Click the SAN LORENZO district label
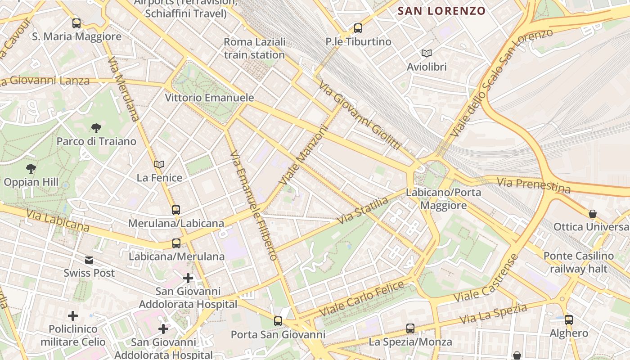tap(441, 11)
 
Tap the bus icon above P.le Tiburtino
tap(358, 28)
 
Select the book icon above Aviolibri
tap(427, 54)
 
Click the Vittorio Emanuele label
tap(209, 98)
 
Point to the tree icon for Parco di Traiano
tap(96, 128)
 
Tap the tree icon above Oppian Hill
tap(31, 169)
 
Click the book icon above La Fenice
tap(159, 164)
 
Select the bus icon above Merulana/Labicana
tap(176, 210)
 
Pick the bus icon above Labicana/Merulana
tap(176, 243)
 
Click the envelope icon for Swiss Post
tap(89, 260)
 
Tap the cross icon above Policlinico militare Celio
tap(73, 316)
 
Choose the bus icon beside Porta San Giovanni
tap(278, 321)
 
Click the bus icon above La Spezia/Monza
tap(410, 328)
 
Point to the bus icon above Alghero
tap(569, 320)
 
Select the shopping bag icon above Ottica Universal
tap(593, 213)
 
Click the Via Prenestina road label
tap(534, 185)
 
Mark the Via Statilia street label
tap(362, 211)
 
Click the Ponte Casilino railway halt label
tap(578, 262)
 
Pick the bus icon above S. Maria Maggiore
tap(76, 23)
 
